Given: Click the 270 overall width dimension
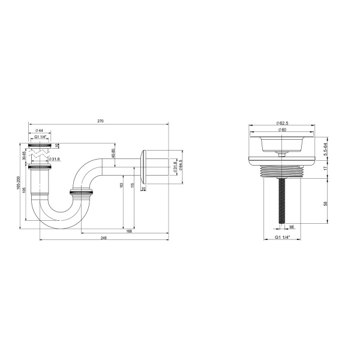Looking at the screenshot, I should (x=100, y=122).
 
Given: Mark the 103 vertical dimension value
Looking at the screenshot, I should (x=122, y=187).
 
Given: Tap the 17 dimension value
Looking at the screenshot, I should (x=326, y=169).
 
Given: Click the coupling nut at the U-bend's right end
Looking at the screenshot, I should (x=82, y=194).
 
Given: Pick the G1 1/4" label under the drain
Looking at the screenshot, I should (x=282, y=238).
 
